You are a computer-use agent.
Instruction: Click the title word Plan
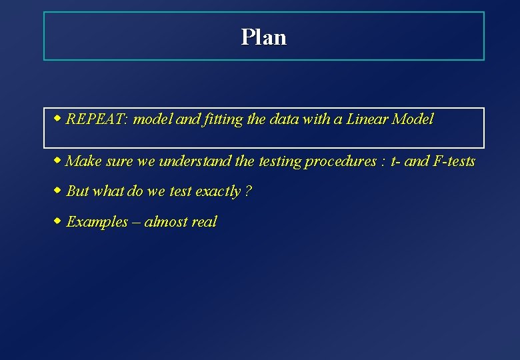point(264,37)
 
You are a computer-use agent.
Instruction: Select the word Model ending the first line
point(413,119)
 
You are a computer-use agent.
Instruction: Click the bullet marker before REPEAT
point(58,119)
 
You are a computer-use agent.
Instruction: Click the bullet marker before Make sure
point(58,161)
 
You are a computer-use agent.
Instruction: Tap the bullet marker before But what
point(58,191)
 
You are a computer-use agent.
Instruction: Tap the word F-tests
point(454,161)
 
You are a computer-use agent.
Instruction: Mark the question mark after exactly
point(249,191)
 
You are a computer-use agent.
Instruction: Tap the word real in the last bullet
point(204,222)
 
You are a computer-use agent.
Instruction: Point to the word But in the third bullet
point(78,191)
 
